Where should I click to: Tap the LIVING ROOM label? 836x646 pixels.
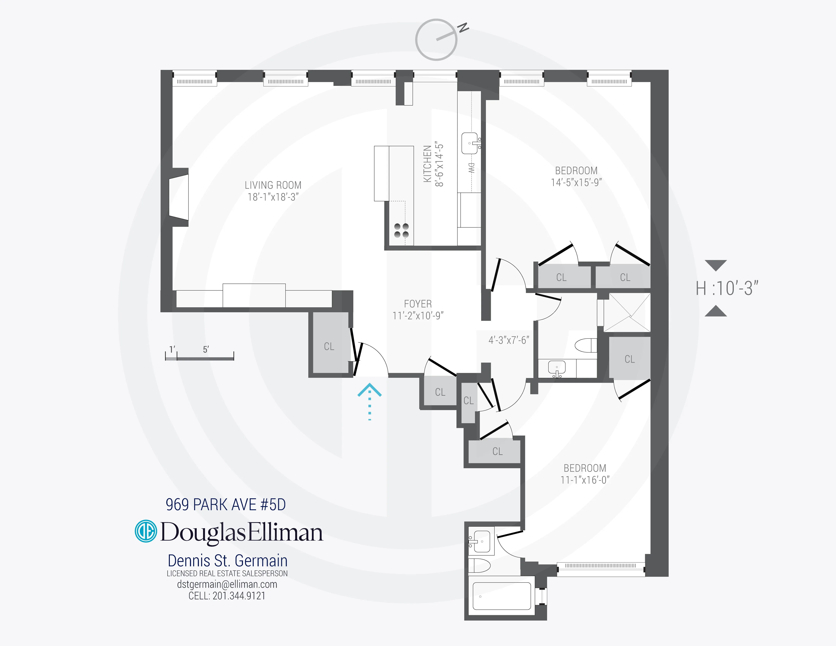273,185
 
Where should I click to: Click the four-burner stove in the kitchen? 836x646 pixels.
401,230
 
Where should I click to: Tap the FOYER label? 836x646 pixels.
418,304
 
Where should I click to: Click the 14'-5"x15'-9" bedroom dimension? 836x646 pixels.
576,183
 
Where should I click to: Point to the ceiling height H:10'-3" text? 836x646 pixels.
727,288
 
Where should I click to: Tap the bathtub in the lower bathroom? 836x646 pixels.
501,596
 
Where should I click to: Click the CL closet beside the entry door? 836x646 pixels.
329,346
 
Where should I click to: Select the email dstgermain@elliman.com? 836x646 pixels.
227,584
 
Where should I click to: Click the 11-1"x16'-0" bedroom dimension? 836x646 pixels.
584,480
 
